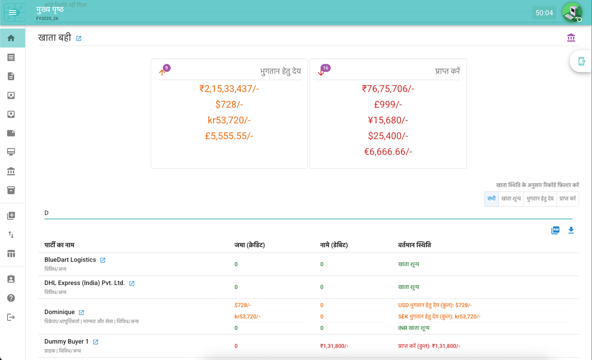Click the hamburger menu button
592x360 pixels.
pyautogui.click(x=13, y=13)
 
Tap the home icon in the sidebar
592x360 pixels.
pyautogui.click(x=11, y=38)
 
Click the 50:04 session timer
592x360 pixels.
pyautogui.click(x=544, y=13)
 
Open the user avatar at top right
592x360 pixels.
pyautogui.click(x=572, y=12)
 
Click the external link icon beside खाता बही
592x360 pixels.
pyautogui.click(x=78, y=39)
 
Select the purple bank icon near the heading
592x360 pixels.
pyautogui.click(x=571, y=38)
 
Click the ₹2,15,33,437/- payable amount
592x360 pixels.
pyautogui.click(x=229, y=89)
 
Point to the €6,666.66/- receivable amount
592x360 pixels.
pyautogui.click(x=388, y=152)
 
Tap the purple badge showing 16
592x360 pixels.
pyautogui.click(x=326, y=68)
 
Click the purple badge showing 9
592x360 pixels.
pyautogui.click(x=167, y=68)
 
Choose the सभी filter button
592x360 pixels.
pyautogui.click(x=491, y=199)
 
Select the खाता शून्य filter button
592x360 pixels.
pyautogui.click(x=511, y=199)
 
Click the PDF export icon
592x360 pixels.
pyautogui.click(x=555, y=230)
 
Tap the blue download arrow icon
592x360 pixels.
pyautogui.click(x=571, y=230)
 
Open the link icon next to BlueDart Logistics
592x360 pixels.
pyautogui.click(x=103, y=260)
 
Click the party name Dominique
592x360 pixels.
pyautogui.click(x=60, y=312)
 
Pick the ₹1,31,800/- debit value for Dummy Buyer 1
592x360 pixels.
pyautogui.click(x=334, y=346)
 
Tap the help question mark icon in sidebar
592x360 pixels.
pyautogui.click(x=11, y=298)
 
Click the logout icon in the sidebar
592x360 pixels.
pyautogui.click(x=11, y=317)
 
